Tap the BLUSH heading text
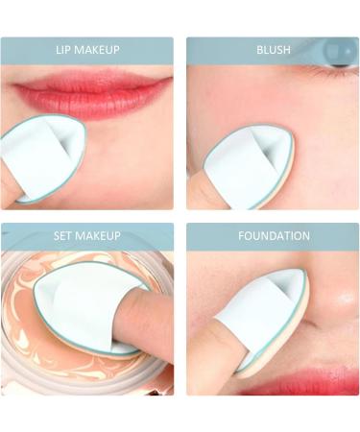pos(274,50)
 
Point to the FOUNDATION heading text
pos(274,236)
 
